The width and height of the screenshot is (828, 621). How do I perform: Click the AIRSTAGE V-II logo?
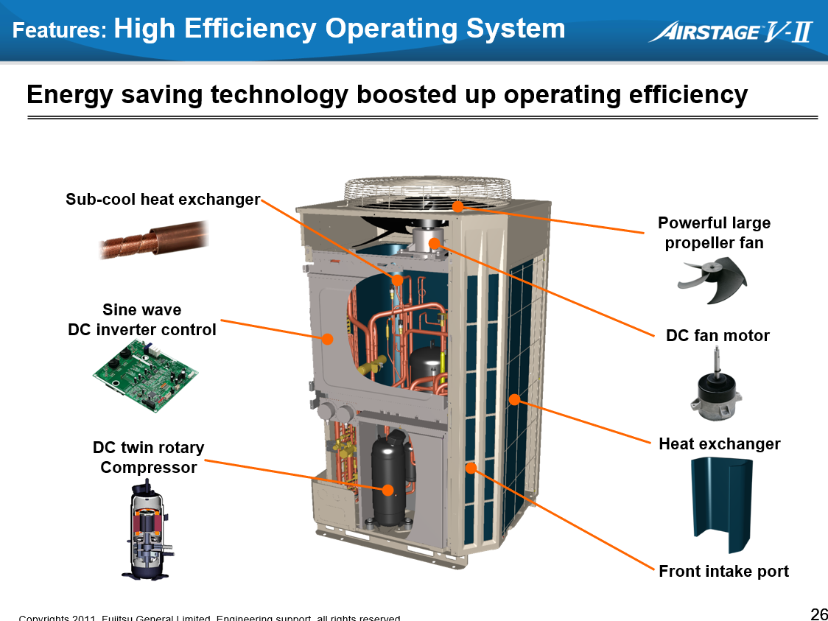point(730,32)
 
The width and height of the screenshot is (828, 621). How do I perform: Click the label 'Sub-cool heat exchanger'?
point(163,200)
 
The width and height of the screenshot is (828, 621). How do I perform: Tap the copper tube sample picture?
point(153,241)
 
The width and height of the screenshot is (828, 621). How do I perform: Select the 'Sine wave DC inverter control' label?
point(142,320)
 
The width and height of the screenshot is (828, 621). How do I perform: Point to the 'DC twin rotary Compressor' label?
point(149,457)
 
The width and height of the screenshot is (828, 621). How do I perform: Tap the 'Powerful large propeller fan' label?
point(714,233)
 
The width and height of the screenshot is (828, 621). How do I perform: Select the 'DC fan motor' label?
point(718,336)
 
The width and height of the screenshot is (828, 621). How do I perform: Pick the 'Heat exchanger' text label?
point(719,444)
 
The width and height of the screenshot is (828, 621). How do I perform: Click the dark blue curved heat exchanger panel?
point(721,505)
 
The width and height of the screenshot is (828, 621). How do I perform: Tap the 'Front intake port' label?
point(723,572)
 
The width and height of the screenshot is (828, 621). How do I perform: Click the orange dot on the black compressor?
point(388,490)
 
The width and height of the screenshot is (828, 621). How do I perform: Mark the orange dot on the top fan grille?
point(457,206)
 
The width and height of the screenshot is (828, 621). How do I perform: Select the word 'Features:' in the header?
point(60,31)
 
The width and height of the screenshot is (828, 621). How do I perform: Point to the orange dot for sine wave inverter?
point(328,339)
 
